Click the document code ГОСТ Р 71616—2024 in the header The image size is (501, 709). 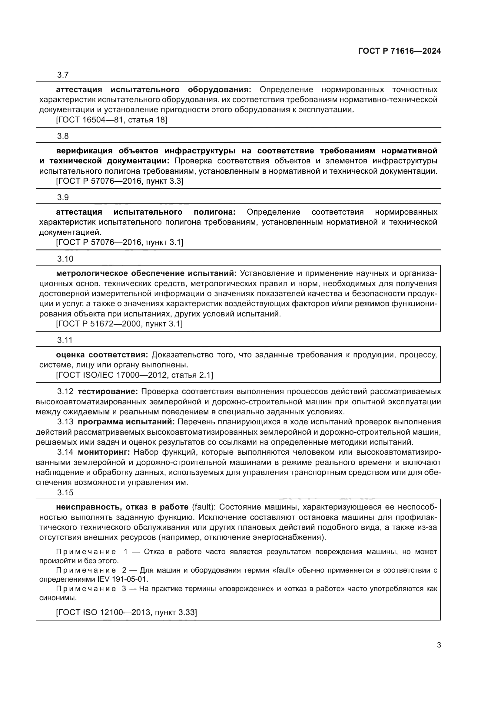(399, 51)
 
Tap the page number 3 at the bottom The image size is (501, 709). (439, 645)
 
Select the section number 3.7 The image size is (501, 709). (63, 75)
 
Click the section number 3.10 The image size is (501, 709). (65, 259)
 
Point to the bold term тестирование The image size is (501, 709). (108, 392)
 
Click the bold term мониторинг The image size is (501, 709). (104, 452)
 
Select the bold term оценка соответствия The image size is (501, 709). (102, 355)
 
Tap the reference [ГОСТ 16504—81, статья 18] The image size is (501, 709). (111, 120)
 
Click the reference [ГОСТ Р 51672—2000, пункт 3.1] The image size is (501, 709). (119, 324)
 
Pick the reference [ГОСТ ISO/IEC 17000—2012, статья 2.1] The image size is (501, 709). (134, 375)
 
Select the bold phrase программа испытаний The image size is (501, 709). (126, 422)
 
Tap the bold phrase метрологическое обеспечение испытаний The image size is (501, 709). (146, 273)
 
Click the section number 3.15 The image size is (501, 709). (65, 493)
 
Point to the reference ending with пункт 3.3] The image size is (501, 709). (119, 181)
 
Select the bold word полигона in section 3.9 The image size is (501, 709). (214, 212)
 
